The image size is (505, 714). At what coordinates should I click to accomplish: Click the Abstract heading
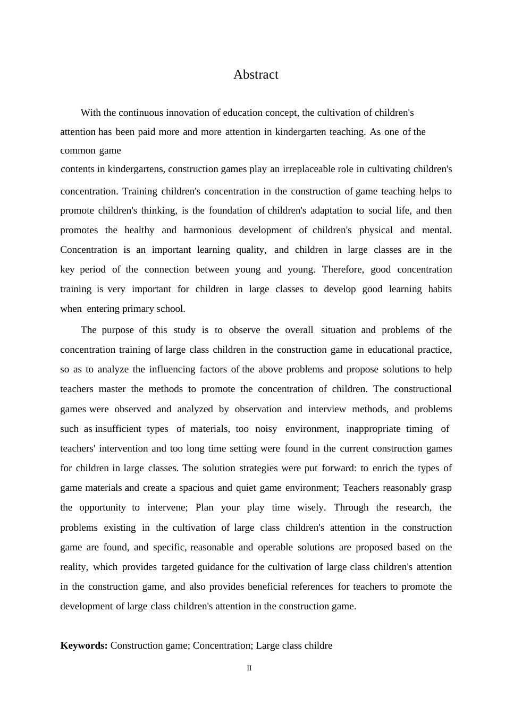tap(256, 75)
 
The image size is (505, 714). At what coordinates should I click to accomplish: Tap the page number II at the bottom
tap(249, 668)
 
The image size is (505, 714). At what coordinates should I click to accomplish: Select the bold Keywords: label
tap(84, 645)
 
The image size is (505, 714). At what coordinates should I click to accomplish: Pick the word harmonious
tap(207, 230)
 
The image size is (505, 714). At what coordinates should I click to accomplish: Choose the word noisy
tap(266, 429)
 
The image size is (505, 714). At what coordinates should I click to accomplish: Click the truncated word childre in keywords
tap(317, 645)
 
